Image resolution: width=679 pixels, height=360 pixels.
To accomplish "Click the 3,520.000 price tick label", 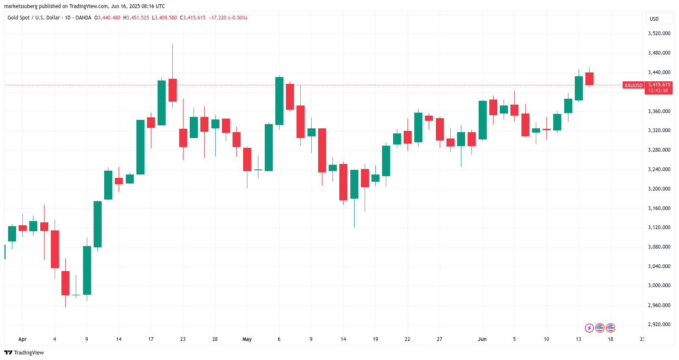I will [x=659, y=33].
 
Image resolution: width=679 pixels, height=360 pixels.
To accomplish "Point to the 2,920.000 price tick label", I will [x=659, y=324].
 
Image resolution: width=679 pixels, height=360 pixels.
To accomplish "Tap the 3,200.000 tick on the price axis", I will [x=659, y=189].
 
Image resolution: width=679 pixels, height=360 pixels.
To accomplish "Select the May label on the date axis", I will [x=247, y=339].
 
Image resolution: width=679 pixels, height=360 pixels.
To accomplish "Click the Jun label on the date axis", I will [x=482, y=339].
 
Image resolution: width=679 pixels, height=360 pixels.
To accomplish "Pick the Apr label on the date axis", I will [x=22, y=339].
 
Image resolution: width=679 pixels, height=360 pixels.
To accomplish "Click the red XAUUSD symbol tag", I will [x=633, y=86].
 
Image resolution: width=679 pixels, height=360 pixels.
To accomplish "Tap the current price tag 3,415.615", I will [x=659, y=85].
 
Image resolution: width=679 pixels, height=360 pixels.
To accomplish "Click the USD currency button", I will [x=654, y=19].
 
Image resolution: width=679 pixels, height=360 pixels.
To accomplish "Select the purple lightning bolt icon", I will [x=589, y=328].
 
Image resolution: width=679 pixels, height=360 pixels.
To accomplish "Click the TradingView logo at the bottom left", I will [x=24, y=352].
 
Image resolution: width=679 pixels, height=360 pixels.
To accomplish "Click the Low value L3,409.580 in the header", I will [x=165, y=18].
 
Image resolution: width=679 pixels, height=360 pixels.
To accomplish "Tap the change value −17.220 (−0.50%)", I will [x=228, y=18].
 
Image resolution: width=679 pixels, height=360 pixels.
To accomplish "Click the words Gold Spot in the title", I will [x=19, y=18].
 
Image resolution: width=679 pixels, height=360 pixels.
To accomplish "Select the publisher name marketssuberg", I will [x=21, y=6].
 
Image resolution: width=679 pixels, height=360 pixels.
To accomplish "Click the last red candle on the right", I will [x=589, y=79].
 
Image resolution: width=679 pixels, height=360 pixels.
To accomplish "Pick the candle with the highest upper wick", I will [x=172, y=90].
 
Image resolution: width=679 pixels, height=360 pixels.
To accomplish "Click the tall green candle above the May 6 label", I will [x=279, y=101].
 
